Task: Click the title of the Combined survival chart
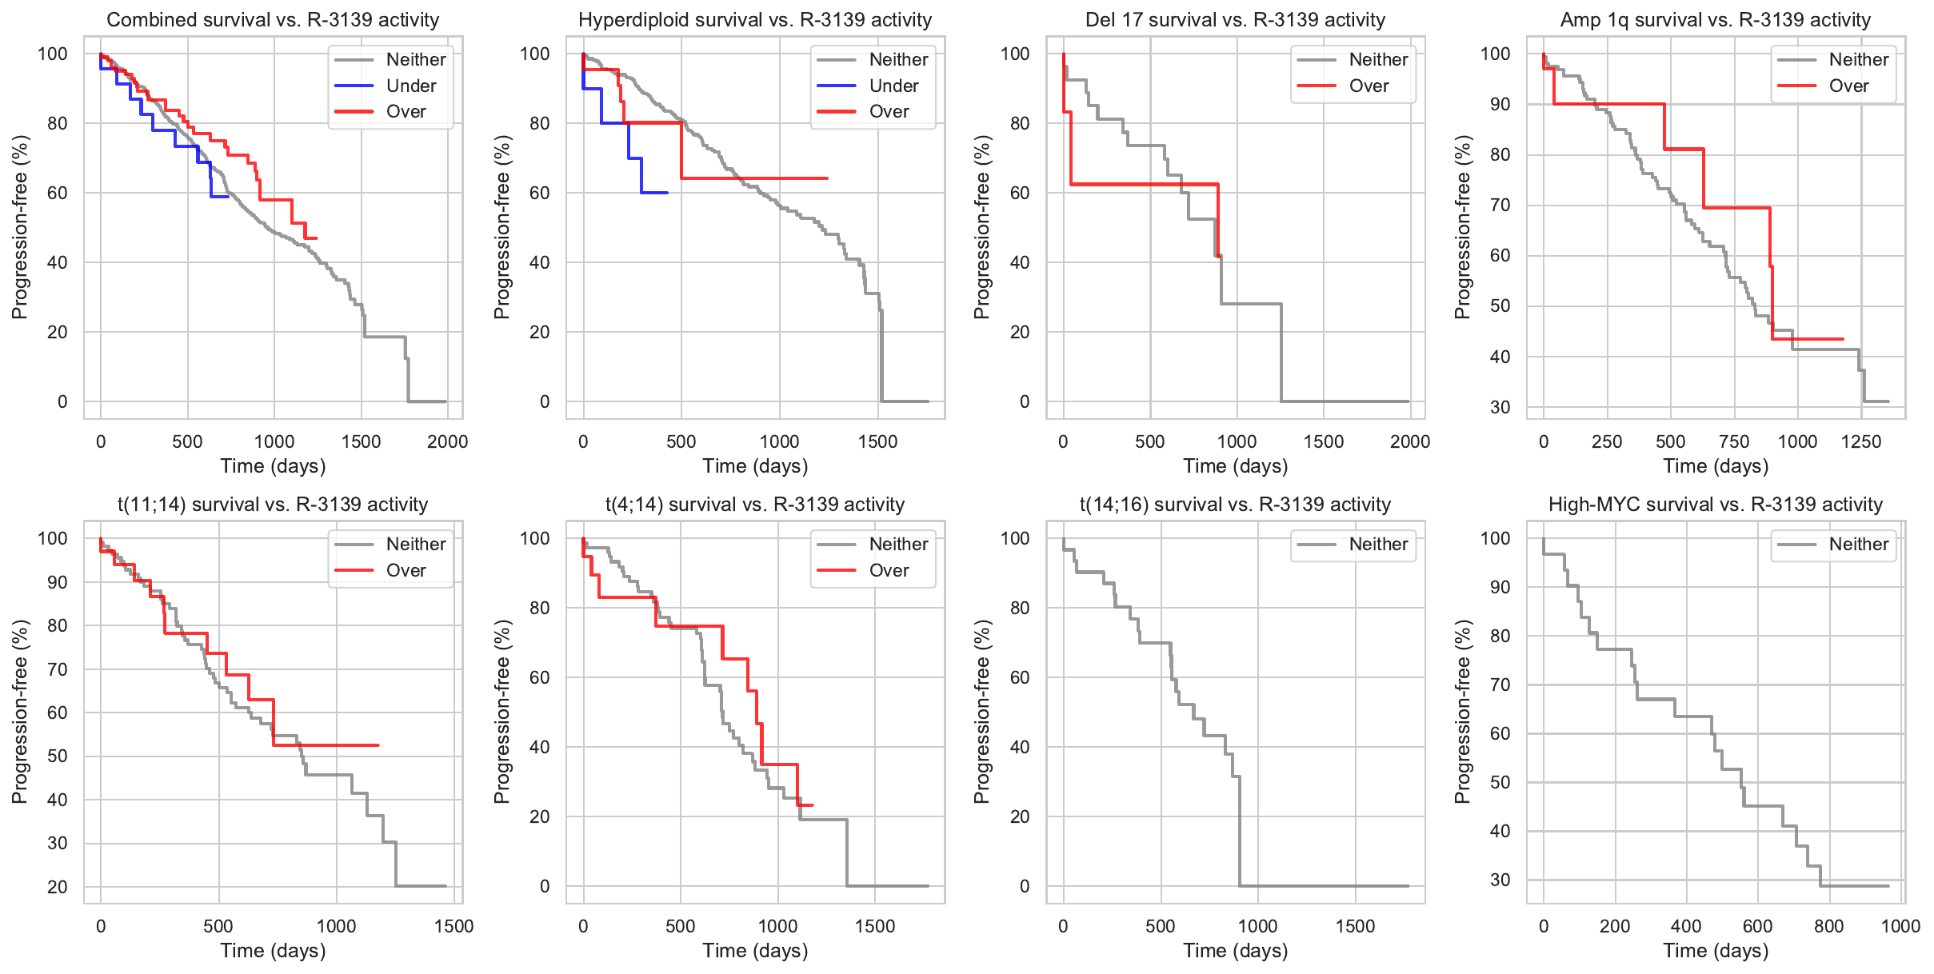click(273, 20)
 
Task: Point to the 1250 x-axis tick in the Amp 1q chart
click(1861, 441)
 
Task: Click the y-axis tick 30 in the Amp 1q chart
click(1500, 407)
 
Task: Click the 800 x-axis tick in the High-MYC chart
click(1829, 926)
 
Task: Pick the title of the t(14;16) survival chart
click(1235, 505)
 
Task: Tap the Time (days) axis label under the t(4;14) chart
click(755, 951)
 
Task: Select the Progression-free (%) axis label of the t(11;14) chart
click(20, 712)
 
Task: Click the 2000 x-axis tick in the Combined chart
click(447, 441)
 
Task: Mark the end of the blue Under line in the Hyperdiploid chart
click(667, 193)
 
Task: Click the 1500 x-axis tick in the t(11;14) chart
click(454, 926)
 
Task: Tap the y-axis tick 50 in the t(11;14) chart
click(58, 756)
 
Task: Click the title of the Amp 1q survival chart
click(1716, 20)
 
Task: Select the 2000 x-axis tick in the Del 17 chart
click(1410, 441)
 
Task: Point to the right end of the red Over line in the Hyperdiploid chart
click(827, 178)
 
